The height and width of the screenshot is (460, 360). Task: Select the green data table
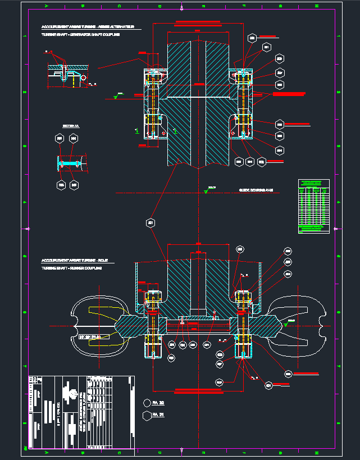(x=313, y=206)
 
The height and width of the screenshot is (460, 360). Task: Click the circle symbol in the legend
(x=147, y=403)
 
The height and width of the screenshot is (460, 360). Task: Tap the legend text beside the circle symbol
(x=158, y=403)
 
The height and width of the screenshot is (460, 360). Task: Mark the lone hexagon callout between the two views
(x=151, y=224)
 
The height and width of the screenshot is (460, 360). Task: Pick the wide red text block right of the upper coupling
(x=289, y=94)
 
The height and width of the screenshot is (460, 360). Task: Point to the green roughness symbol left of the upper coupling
(x=116, y=96)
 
